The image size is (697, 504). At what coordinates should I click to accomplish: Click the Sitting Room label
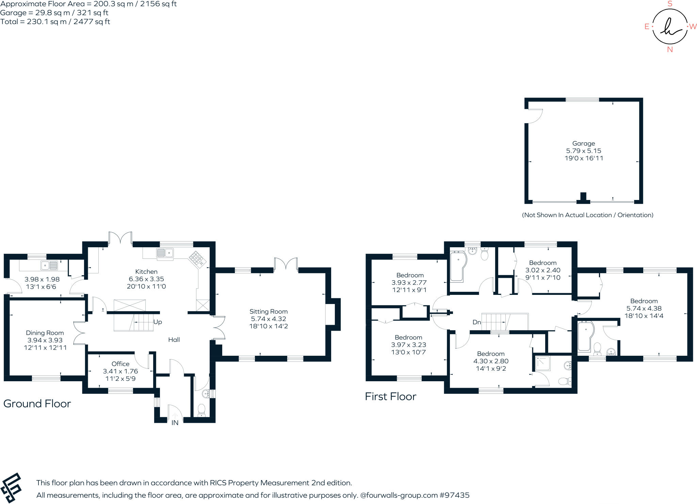[268, 312]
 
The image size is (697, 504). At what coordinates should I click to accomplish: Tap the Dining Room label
[45, 333]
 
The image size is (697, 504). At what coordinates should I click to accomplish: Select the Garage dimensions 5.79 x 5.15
[584, 151]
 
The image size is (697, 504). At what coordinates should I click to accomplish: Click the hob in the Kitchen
[197, 258]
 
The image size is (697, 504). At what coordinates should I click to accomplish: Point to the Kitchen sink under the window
[165, 253]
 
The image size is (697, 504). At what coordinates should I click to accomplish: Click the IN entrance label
[175, 423]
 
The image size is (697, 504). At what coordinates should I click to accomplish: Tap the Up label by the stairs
[158, 322]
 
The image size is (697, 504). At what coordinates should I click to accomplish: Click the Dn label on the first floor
[476, 322]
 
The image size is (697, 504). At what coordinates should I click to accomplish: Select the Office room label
[120, 364]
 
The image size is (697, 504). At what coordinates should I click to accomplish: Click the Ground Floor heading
[37, 404]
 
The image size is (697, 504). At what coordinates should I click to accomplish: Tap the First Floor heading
[390, 397]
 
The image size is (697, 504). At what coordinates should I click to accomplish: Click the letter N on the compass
[670, 50]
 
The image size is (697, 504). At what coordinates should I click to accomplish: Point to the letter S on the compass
[670, 4]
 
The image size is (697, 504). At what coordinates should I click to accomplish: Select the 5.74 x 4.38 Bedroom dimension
[644, 308]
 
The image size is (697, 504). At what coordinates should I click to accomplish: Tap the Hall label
[174, 340]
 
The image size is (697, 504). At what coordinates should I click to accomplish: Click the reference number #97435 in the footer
[454, 495]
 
